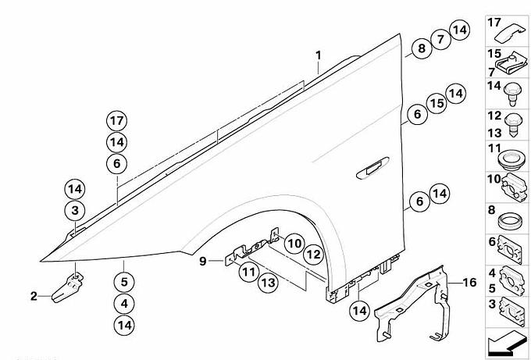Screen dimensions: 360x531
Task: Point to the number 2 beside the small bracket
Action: (x=34, y=295)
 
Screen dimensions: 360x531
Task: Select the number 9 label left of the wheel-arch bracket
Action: (x=202, y=260)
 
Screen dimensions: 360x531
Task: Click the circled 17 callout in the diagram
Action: (x=117, y=121)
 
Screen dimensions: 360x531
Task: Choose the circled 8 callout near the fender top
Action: (x=422, y=48)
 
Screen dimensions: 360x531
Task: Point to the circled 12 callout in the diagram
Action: (x=312, y=255)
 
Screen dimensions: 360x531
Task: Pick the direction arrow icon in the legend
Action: (x=508, y=340)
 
